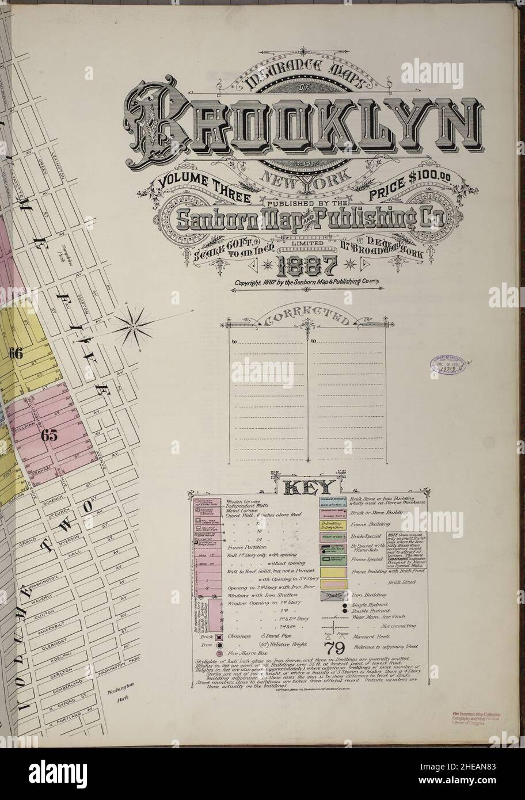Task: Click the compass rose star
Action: point(134,326)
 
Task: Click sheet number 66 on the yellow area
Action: point(15,354)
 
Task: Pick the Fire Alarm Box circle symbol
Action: point(203,654)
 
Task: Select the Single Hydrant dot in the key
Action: point(344,606)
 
